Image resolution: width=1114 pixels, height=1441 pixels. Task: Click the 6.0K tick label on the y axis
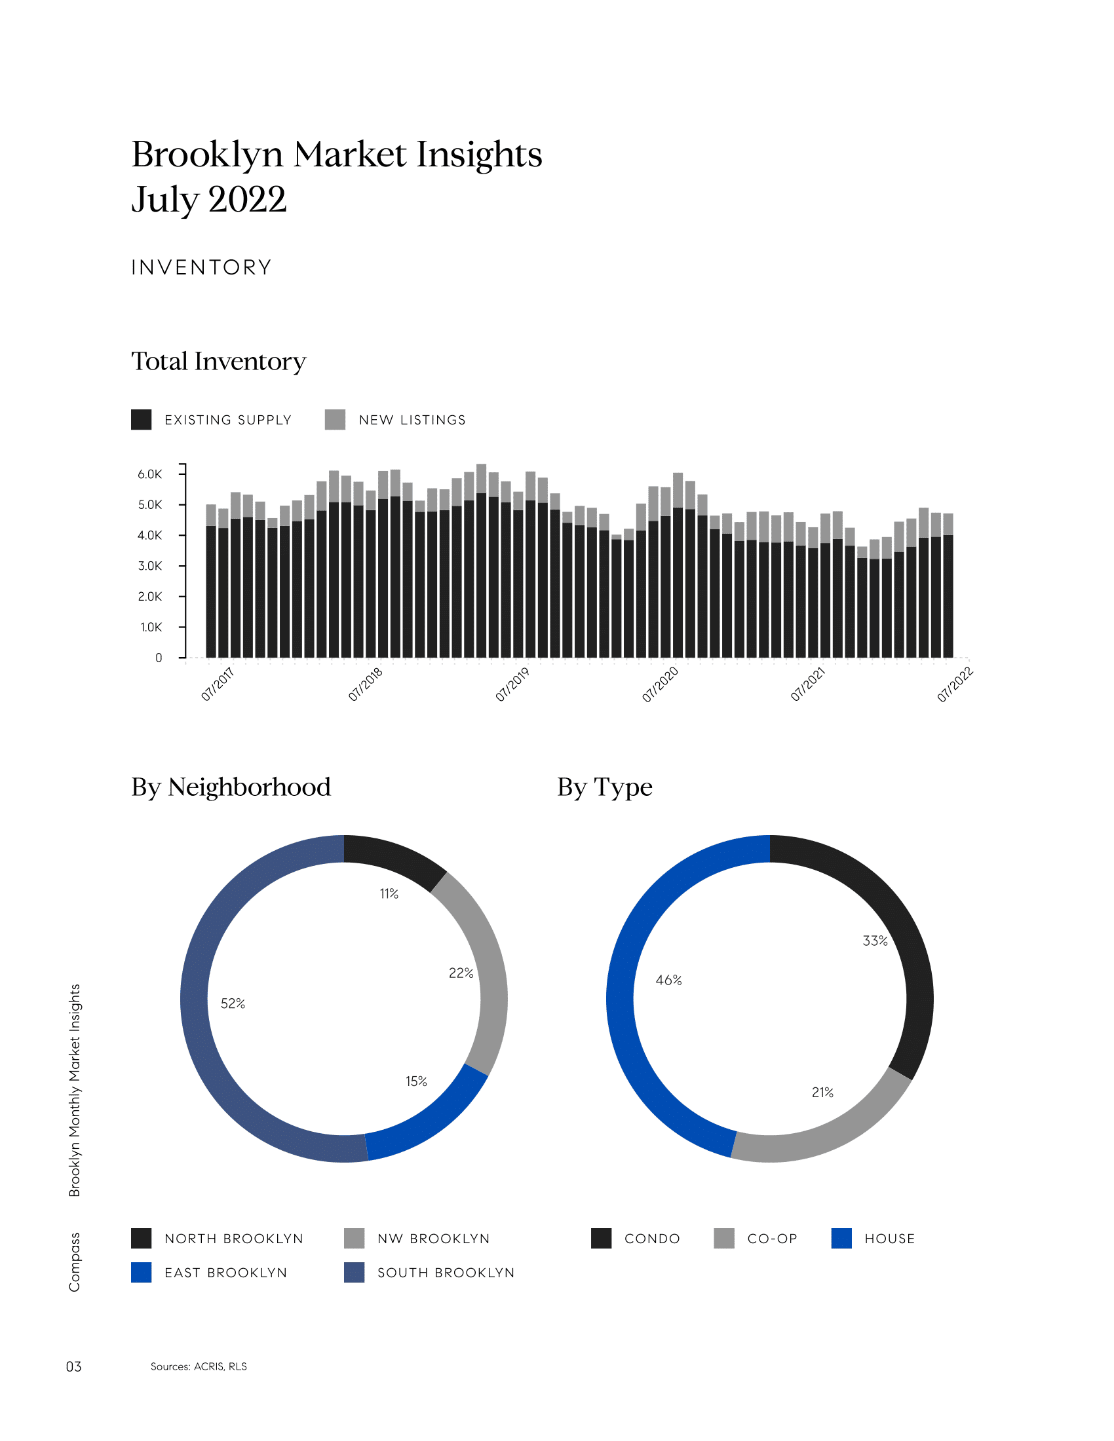coord(149,474)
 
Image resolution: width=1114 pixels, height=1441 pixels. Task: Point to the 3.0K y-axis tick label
coord(149,566)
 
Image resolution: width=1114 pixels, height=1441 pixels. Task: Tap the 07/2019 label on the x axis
coord(512,684)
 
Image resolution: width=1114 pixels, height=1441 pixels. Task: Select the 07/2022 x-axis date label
coord(954,684)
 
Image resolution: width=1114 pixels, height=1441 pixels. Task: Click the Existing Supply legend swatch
coord(142,420)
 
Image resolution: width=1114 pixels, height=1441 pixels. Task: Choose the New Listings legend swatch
coord(336,420)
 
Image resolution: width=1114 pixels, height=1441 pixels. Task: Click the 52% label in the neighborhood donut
coord(233,1003)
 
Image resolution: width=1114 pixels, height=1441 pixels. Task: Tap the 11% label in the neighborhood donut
coord(389,893)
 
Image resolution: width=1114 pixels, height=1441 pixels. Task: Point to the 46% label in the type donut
coord(668,980)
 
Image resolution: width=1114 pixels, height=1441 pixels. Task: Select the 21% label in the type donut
coord(822,1092)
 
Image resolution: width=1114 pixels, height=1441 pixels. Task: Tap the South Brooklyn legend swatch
coord(355,1273)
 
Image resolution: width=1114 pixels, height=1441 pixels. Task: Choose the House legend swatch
coord(841,1239)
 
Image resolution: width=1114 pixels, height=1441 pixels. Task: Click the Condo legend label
coord(652,1239)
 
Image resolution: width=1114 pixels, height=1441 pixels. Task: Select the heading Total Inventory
coord(218,362)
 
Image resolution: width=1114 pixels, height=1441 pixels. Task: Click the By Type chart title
coord(605,787)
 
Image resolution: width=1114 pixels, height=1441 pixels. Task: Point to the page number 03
coord(73,1366)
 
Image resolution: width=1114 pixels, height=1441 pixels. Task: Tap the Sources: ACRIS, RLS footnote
coord(199,1366)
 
